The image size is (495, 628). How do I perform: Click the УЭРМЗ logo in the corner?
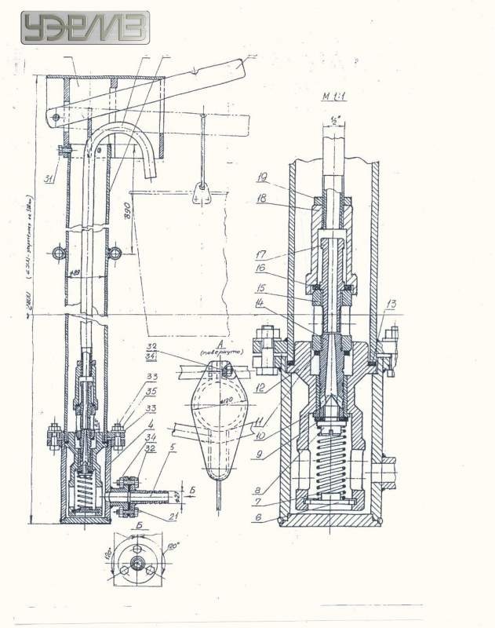click(x=85, y=28)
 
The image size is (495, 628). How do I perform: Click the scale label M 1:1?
click(x=337, y=97)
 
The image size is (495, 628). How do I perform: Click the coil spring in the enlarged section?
click(x=329, y=462)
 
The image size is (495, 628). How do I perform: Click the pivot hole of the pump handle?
click(x=56, y=116)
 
